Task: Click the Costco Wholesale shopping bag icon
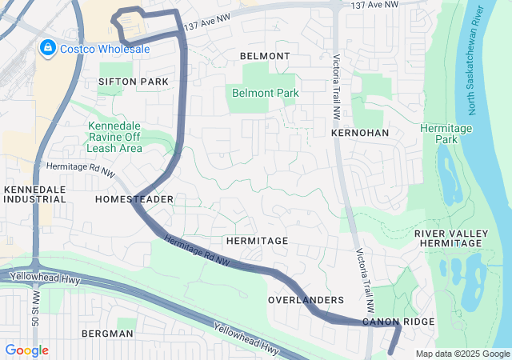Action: (x=47, y=48)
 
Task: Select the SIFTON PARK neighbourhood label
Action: (x=134, y=82)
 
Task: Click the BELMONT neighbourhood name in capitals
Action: (x=265, y=56)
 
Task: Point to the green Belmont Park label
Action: (x=265, y=93)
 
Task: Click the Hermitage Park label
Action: (x=446, y=134)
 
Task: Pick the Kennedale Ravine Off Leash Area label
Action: (x=115, y=137)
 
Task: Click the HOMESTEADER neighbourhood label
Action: (x=134, y=198)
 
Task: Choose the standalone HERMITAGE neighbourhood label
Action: (x=256, y=240)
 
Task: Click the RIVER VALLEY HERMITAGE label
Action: (x=451, y=238)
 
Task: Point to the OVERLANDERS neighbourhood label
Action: (x=306, y=300)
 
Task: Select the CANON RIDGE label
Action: (x=398, y=322)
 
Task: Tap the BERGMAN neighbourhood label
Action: (x=106, y=333)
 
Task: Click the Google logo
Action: (x=26, y=350)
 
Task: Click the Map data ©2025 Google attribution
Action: (x=462, y=354)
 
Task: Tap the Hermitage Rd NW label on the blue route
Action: (x=197, y=250)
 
